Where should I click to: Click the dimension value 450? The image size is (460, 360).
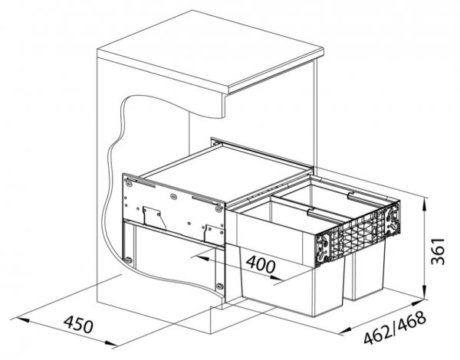79,325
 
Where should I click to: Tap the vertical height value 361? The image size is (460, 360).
439,251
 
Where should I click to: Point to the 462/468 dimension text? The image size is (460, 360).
395,328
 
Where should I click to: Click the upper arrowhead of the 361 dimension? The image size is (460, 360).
424,205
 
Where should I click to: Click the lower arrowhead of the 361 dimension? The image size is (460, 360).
424,293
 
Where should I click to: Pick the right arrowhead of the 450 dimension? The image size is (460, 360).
109,344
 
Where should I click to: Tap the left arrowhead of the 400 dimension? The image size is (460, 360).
202,257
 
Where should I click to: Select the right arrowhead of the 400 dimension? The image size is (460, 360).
275,277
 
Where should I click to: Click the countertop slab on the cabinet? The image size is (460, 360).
210,53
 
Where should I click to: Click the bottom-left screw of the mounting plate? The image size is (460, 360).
127,260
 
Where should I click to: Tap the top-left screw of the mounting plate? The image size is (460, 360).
129,185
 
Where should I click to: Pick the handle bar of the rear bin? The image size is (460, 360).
365,198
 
